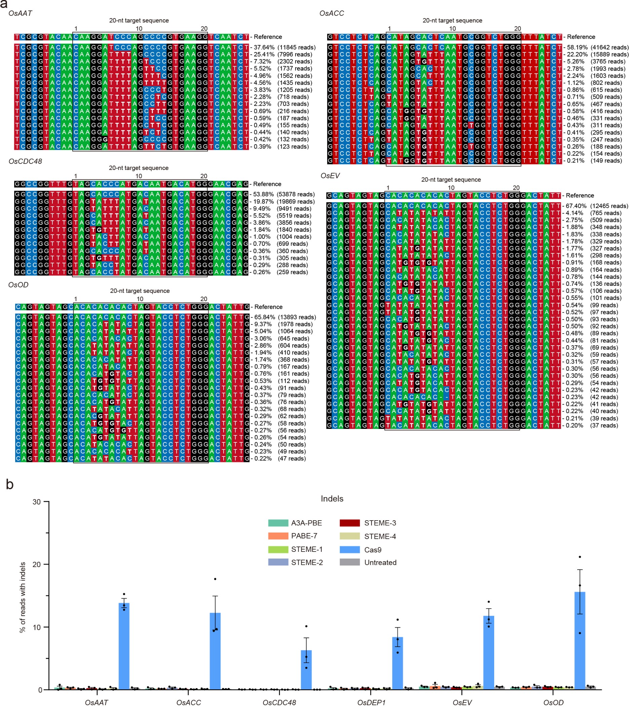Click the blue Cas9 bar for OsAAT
pos(124,647)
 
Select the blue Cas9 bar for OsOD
pos(580,642)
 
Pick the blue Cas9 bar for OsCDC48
pos(306,671)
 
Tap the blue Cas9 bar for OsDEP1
pos(397,664)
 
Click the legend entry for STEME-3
pos(368,523)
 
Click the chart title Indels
pos(331,499)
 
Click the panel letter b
pos(10,485)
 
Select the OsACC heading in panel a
pos(331,13)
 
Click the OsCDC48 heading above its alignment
pos(25,161)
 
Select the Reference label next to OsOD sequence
pos(268,307)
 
